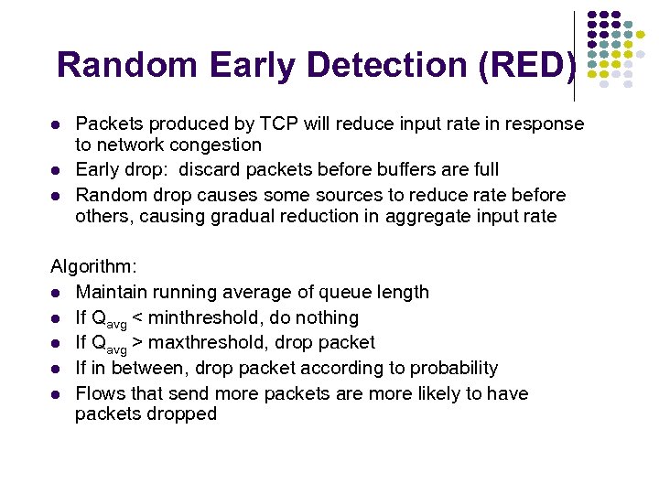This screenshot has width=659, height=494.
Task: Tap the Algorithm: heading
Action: (93, 266)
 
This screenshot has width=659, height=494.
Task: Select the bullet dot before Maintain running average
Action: (56, 293)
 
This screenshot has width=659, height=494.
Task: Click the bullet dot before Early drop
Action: (56, 170)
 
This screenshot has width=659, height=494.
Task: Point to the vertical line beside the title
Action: (574, 55)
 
